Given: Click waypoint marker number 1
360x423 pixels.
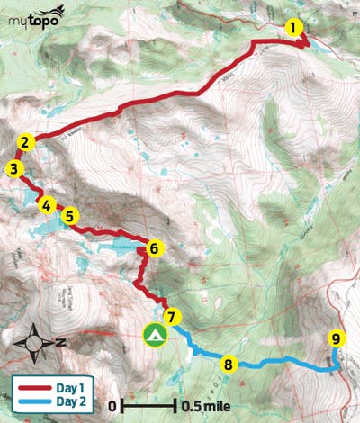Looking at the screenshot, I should tap(293, 28).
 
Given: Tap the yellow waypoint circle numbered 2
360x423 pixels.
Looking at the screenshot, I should tap(27, 141).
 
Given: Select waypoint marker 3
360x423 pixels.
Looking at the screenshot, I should tap(14, 168).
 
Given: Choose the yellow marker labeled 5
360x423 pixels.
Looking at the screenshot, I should tap(70, 216).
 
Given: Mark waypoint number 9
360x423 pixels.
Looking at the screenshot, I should tap(336, 339).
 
